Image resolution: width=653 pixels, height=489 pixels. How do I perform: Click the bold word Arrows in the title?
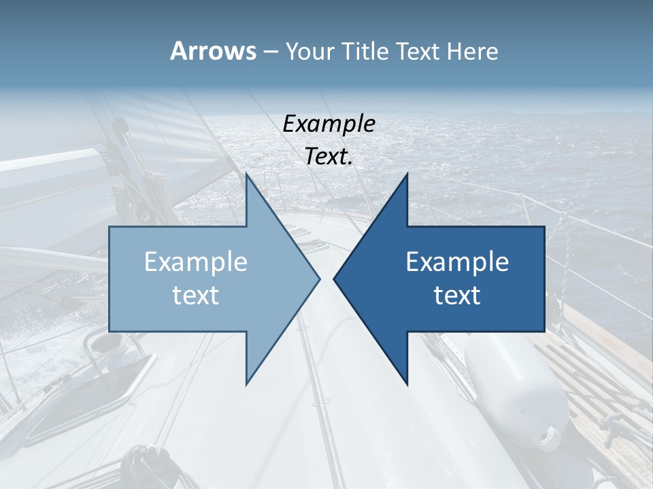pos(213,51)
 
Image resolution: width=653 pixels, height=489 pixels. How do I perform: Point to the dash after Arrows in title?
pos(270,52)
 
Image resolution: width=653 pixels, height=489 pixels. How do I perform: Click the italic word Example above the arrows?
pos(329,124)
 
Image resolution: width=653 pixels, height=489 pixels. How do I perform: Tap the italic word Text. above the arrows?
pos(329,157)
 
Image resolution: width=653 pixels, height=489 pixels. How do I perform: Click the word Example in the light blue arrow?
pos(196,262)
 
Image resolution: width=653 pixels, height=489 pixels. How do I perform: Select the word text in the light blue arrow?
pos(196,295)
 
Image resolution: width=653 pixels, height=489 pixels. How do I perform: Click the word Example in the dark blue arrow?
pos(457,262)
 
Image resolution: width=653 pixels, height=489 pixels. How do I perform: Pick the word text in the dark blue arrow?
pos(457,295)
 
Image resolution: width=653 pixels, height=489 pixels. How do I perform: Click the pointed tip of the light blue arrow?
pos(319,278)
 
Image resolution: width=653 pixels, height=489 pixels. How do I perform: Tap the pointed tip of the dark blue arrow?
pos(334,278)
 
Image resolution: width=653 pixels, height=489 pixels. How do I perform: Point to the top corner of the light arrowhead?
pos(247,175)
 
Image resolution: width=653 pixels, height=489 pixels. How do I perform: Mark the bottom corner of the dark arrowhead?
pos(407,384)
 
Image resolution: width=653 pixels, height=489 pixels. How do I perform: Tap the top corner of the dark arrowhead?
pos(407,175)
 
